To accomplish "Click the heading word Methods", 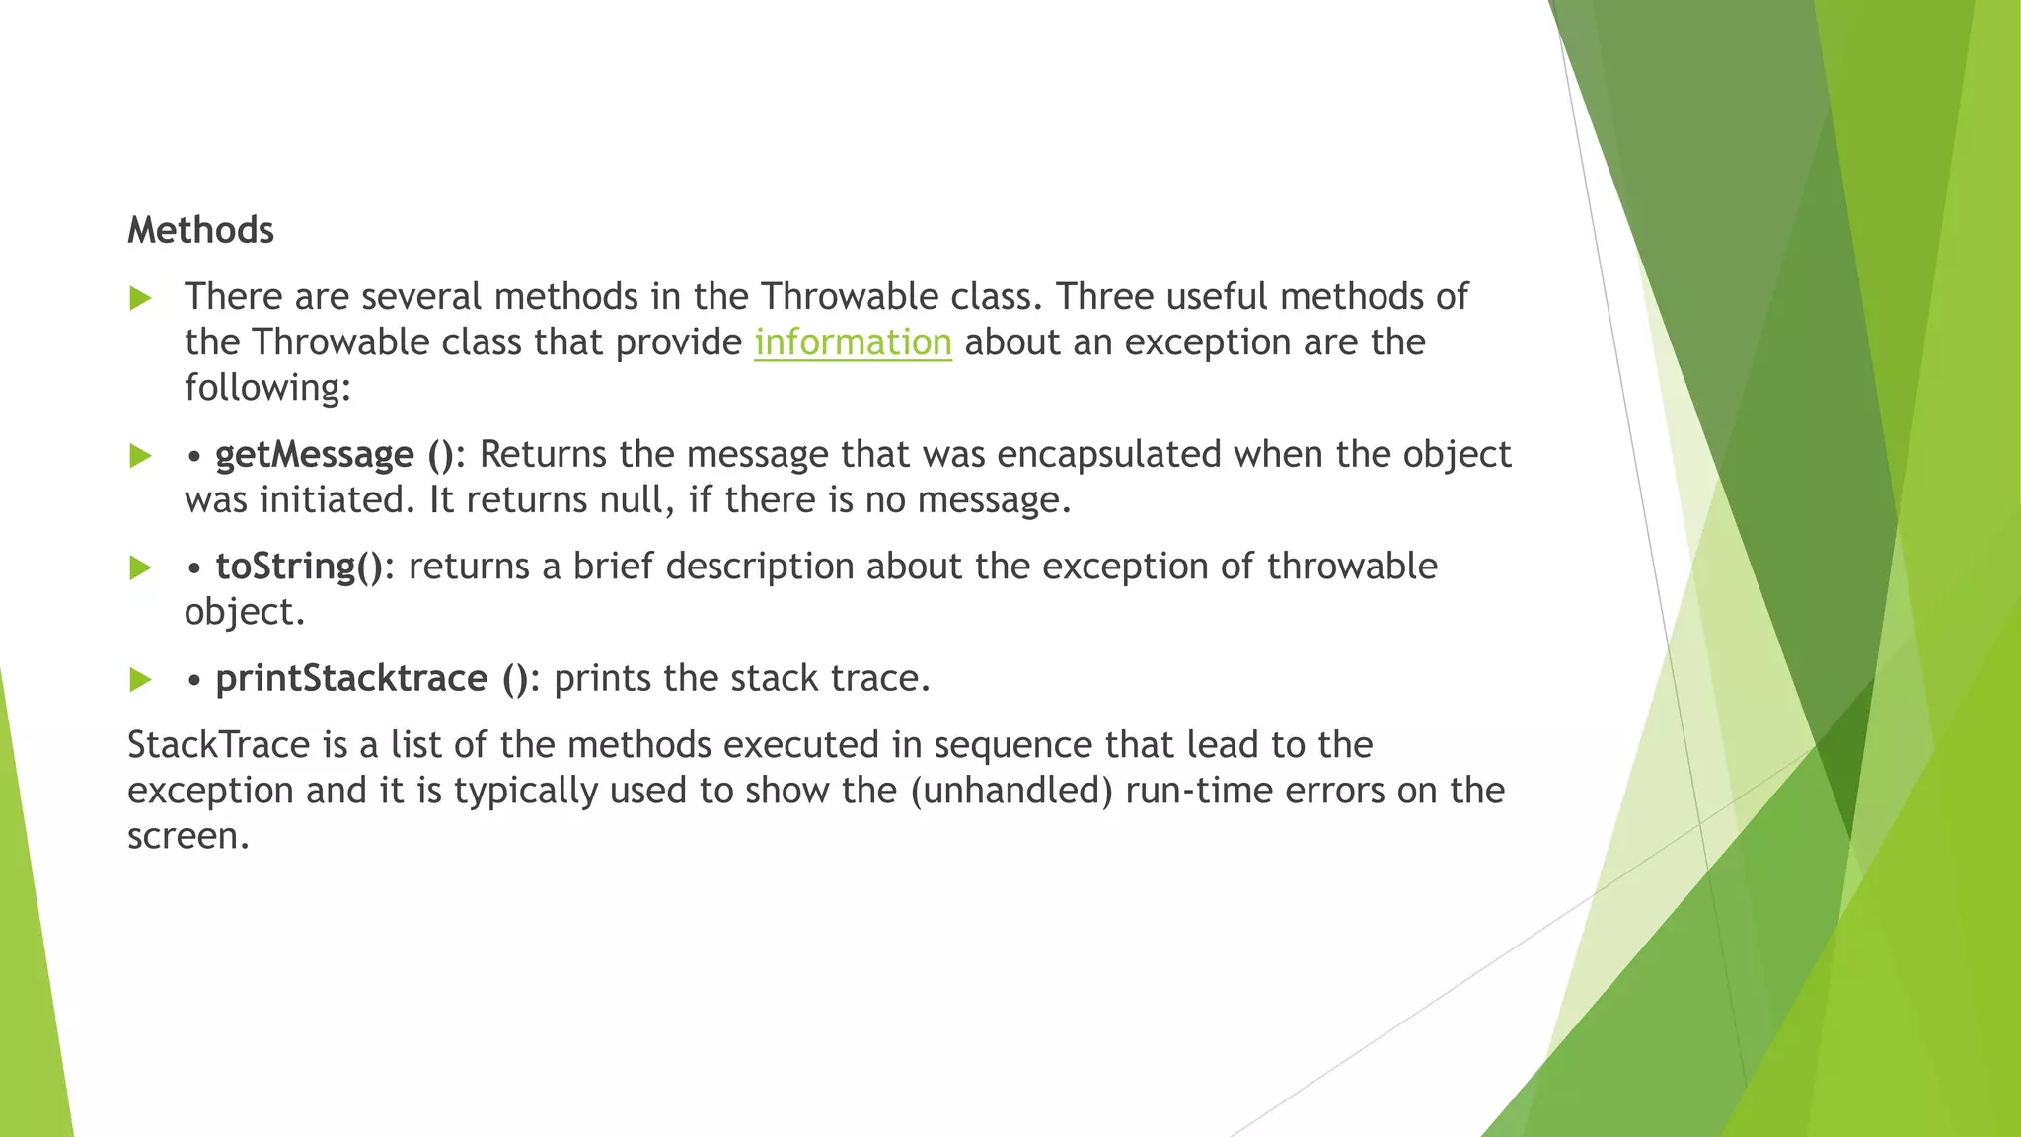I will [200, 230].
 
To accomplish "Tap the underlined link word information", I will [853, 342].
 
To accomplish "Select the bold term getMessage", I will [315, 455].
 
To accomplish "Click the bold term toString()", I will [299, 567].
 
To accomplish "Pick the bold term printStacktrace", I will [351, 679].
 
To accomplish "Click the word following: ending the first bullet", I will [267, 388].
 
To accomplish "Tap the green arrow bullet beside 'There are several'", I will [141, 298].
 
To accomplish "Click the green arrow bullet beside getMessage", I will [141, 456].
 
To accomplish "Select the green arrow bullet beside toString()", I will [141, 568].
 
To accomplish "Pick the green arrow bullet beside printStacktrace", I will [141, 680].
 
